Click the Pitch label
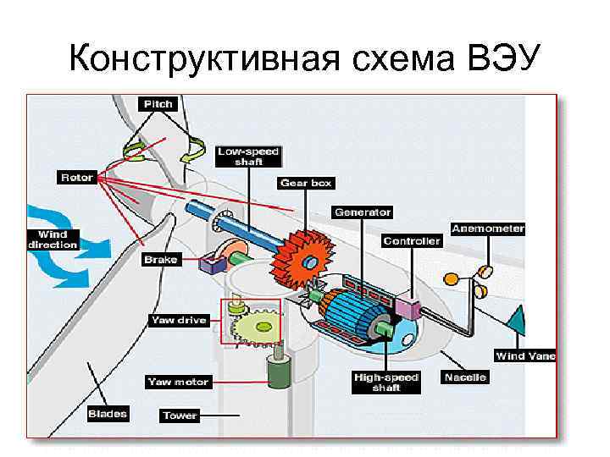click(x=158, y=104)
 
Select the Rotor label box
click(x=76, y=178)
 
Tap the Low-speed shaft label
click(x=248, y=157)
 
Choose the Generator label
click(x=363, y=212)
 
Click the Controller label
click(x=412, y=241)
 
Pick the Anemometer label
click(x=488, y=228)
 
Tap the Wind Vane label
click(x=525, y=356)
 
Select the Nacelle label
click(x=465, y=377)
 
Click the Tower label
click(x=180, y=416)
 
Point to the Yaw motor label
click(x=178, y=382)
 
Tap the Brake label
click(x=161, y=260)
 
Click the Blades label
click(x=108, y=414)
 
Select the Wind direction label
click(x=53, y=240)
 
